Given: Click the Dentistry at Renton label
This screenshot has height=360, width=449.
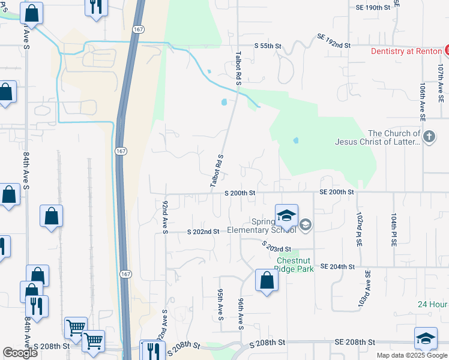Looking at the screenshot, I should pyautogui.click(x=406, y=51).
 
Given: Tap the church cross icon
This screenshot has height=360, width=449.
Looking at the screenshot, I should pyautogui.click(x=429, y=137).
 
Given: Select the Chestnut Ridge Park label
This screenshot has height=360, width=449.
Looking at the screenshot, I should pyautogui.click(x=295, y=265).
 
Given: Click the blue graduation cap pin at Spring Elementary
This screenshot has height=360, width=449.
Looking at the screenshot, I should pyautogui.click(x=286, y=215).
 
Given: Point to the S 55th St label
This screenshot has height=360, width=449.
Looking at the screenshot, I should pyautogui.click(x=268, y=46).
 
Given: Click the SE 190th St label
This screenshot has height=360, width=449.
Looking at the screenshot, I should pyautogui.click(x=377, y=7).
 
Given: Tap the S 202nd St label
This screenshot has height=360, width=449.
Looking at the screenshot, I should pyautogui.click(x=203, y=232).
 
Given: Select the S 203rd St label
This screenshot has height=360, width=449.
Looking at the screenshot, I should pyautogui.click(x=276, y=246).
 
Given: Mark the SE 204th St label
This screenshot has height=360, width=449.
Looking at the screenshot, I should pyautogui.click(x=337, y=266).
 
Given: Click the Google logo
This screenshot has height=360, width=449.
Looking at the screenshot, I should pyautogui.click(x=20, y=353).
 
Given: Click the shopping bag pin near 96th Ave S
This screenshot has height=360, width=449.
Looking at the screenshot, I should pyautogui.click(x=266, y=280).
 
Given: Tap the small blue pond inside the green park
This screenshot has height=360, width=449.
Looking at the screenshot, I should pyautogui.click(x=296, y=141).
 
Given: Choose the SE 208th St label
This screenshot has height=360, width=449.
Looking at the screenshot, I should pyautogui.click(x=355, y=341).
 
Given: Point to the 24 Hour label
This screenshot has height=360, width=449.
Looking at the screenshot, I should pyautogui.click(x=433, y=304).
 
